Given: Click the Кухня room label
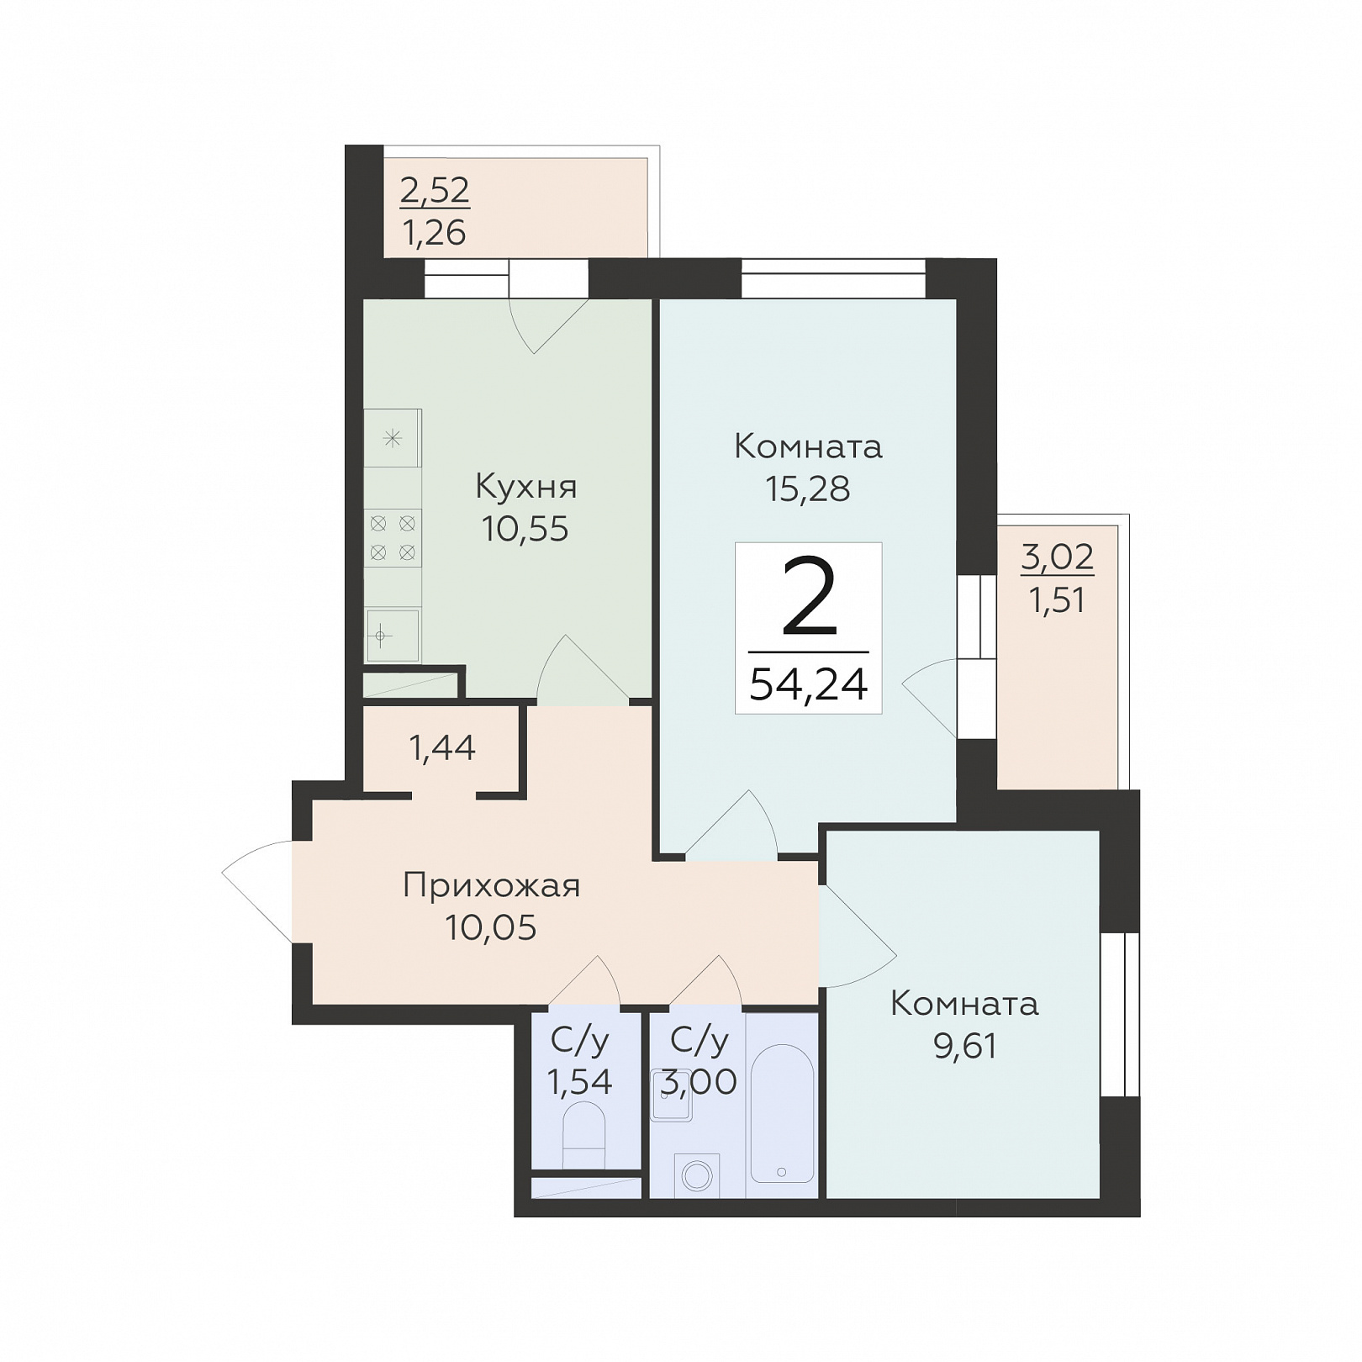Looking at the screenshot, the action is coord(525,487).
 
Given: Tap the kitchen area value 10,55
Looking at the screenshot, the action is coord(525,529).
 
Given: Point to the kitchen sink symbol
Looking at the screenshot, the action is coord(393,635).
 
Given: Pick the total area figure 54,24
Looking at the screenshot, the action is coord(808,684).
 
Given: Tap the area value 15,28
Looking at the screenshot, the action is coord(808,488).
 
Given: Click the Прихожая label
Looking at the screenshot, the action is coord(492,886).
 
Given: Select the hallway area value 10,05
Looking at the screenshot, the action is coord(491,927).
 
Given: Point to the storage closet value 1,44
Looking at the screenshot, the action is coord(442,747).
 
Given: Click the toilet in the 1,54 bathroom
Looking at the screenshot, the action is coord(583,1135).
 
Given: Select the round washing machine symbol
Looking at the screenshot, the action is coord(697,1175).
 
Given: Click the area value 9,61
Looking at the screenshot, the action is coord(965,1047).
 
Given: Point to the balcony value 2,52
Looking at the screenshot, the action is coord(435,191).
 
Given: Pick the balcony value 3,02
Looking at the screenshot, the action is coord(1058,557).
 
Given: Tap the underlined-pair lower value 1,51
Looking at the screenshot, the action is coord(1058,601).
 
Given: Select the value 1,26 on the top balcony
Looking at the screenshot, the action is coord(435,233).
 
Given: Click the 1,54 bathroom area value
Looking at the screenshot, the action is coord(579,1082).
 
